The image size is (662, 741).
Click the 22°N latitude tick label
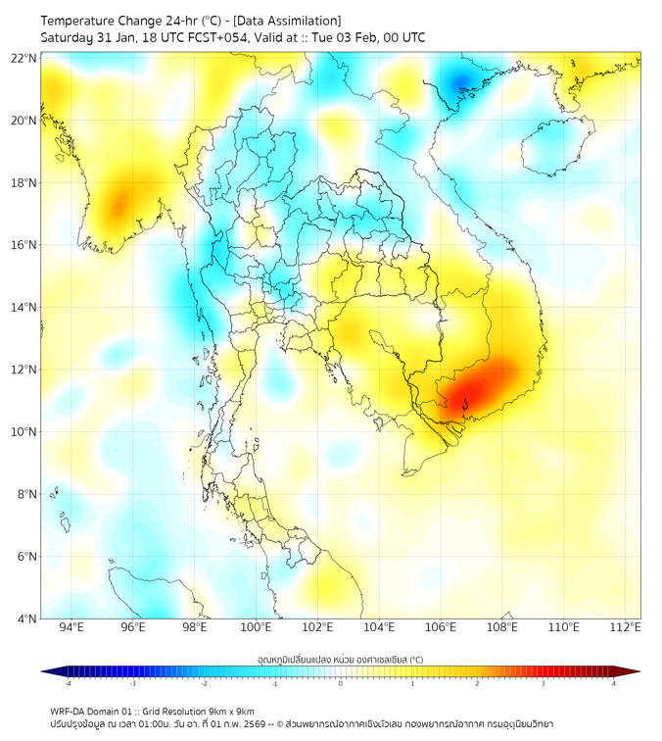[x=24, y=58]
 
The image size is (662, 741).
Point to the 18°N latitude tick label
[x=24, y=182]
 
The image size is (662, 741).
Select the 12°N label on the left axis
[x=24, y=370]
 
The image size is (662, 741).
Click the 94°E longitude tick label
[x=71, y=627]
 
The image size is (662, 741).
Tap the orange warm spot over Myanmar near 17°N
[x=118, y=204]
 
